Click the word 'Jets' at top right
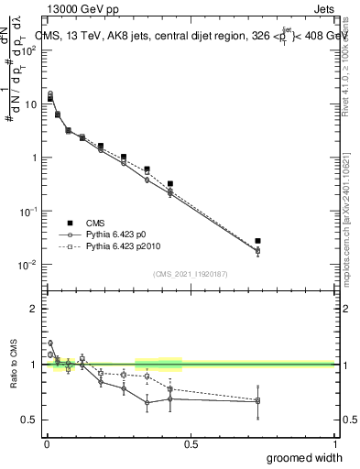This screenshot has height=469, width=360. click(322, 8)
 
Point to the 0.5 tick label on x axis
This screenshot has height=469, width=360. click(191, 444)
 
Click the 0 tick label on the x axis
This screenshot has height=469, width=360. click(46, 444)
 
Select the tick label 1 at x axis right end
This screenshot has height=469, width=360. click(333, 444)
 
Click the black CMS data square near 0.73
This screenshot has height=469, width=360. click(257, 241)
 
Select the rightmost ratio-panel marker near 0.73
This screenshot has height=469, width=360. click(257, 400)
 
